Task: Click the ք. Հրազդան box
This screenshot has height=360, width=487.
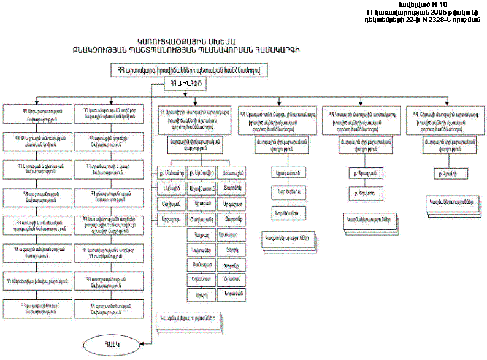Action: [361, 174]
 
